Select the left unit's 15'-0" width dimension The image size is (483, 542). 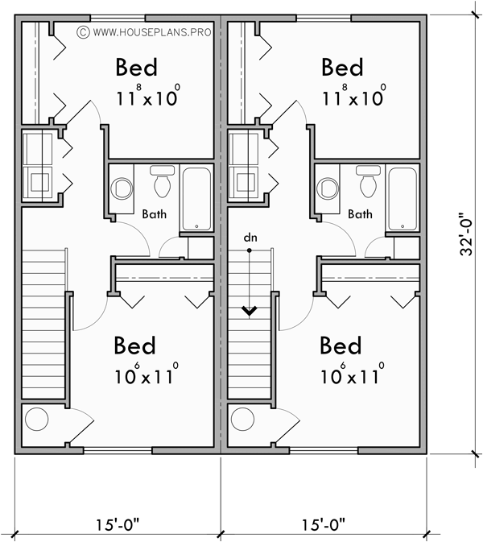[117, 525]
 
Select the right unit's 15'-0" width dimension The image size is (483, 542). [324, 525]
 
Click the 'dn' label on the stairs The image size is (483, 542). [250, 239]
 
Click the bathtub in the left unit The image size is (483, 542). [196, 198]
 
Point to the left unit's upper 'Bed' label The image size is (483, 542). [136, 67]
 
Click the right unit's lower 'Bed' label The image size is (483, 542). [342, 346]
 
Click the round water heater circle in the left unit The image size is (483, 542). [36, 420]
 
